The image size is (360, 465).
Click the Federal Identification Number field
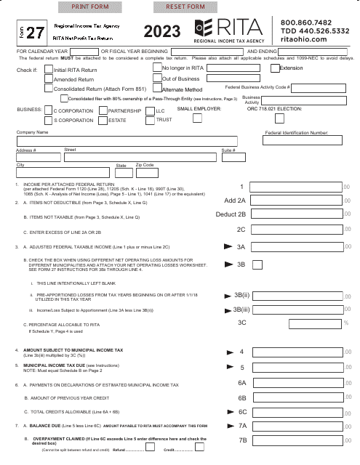coord(297,141)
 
